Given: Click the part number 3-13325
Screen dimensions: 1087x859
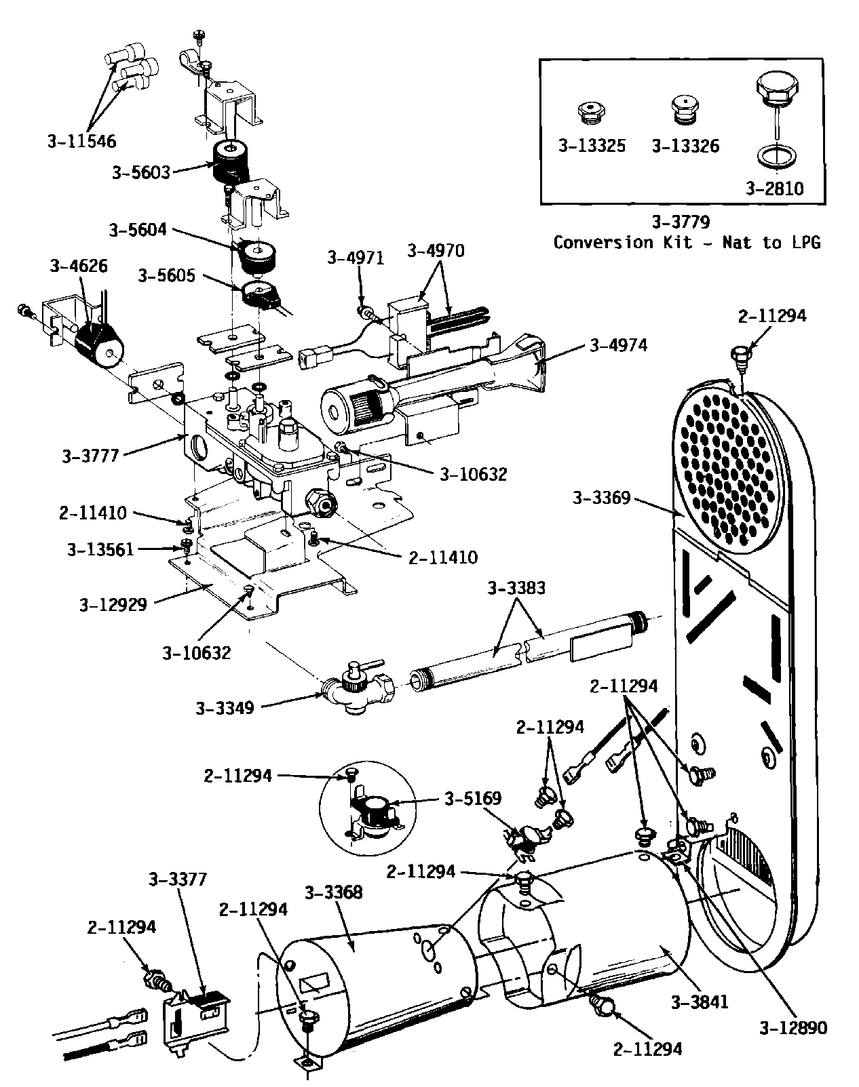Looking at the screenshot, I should tap(592, 146).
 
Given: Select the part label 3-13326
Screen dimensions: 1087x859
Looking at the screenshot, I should tap(685, 146).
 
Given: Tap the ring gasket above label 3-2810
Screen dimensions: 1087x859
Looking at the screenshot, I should tap(778, 155).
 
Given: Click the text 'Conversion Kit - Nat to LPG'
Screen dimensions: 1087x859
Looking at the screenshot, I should tap(686, 243).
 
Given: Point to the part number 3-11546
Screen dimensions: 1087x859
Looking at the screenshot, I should tap(82, 142).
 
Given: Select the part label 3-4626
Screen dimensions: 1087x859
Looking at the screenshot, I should tap(79, 266).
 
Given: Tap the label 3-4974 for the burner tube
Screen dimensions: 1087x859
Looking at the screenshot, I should tap(618, 345).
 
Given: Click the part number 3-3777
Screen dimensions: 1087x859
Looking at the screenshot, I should tap(91, 456).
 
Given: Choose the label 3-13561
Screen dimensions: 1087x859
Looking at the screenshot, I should tap(100, 549).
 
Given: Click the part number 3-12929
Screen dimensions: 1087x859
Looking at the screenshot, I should tap(113, 604).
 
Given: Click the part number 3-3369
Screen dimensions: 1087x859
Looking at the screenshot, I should tap(601, 498).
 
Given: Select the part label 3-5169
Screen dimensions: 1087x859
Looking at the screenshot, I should tap(473, 799).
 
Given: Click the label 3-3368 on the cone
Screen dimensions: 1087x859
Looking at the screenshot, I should tap(334, 892).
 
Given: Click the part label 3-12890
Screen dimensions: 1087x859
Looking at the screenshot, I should tap(793, 1028).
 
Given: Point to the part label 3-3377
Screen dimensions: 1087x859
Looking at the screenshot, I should tap(177, 880).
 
